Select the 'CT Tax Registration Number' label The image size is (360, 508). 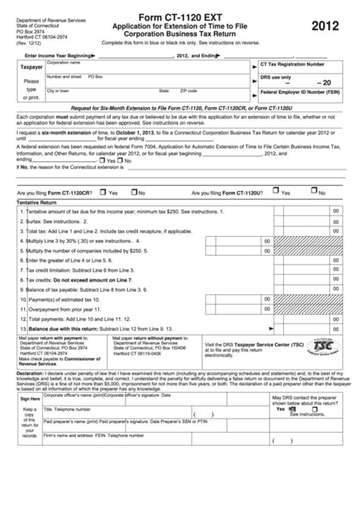coord(291,66)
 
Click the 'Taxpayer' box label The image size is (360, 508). coord(30,67)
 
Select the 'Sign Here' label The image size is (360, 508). coord(30,377)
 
